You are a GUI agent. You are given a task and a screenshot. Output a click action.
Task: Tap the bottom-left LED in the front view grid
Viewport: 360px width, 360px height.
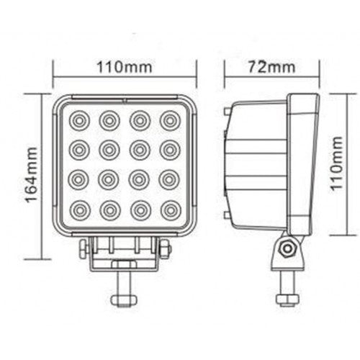point(78,211)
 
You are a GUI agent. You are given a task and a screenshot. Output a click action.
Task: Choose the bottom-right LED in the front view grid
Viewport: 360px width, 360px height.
point(170,211)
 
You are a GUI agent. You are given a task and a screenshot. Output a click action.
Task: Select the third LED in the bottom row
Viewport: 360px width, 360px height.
point(140,211)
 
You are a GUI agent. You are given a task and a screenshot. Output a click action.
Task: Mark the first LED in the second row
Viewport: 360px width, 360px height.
point(78,149)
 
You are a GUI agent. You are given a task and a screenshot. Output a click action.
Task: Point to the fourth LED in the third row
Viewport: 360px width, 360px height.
point(170,180)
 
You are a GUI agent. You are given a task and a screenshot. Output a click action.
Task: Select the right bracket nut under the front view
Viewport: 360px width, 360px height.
point(165,248)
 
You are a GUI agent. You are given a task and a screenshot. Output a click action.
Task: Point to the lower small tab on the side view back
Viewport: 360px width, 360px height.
point(228,215)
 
